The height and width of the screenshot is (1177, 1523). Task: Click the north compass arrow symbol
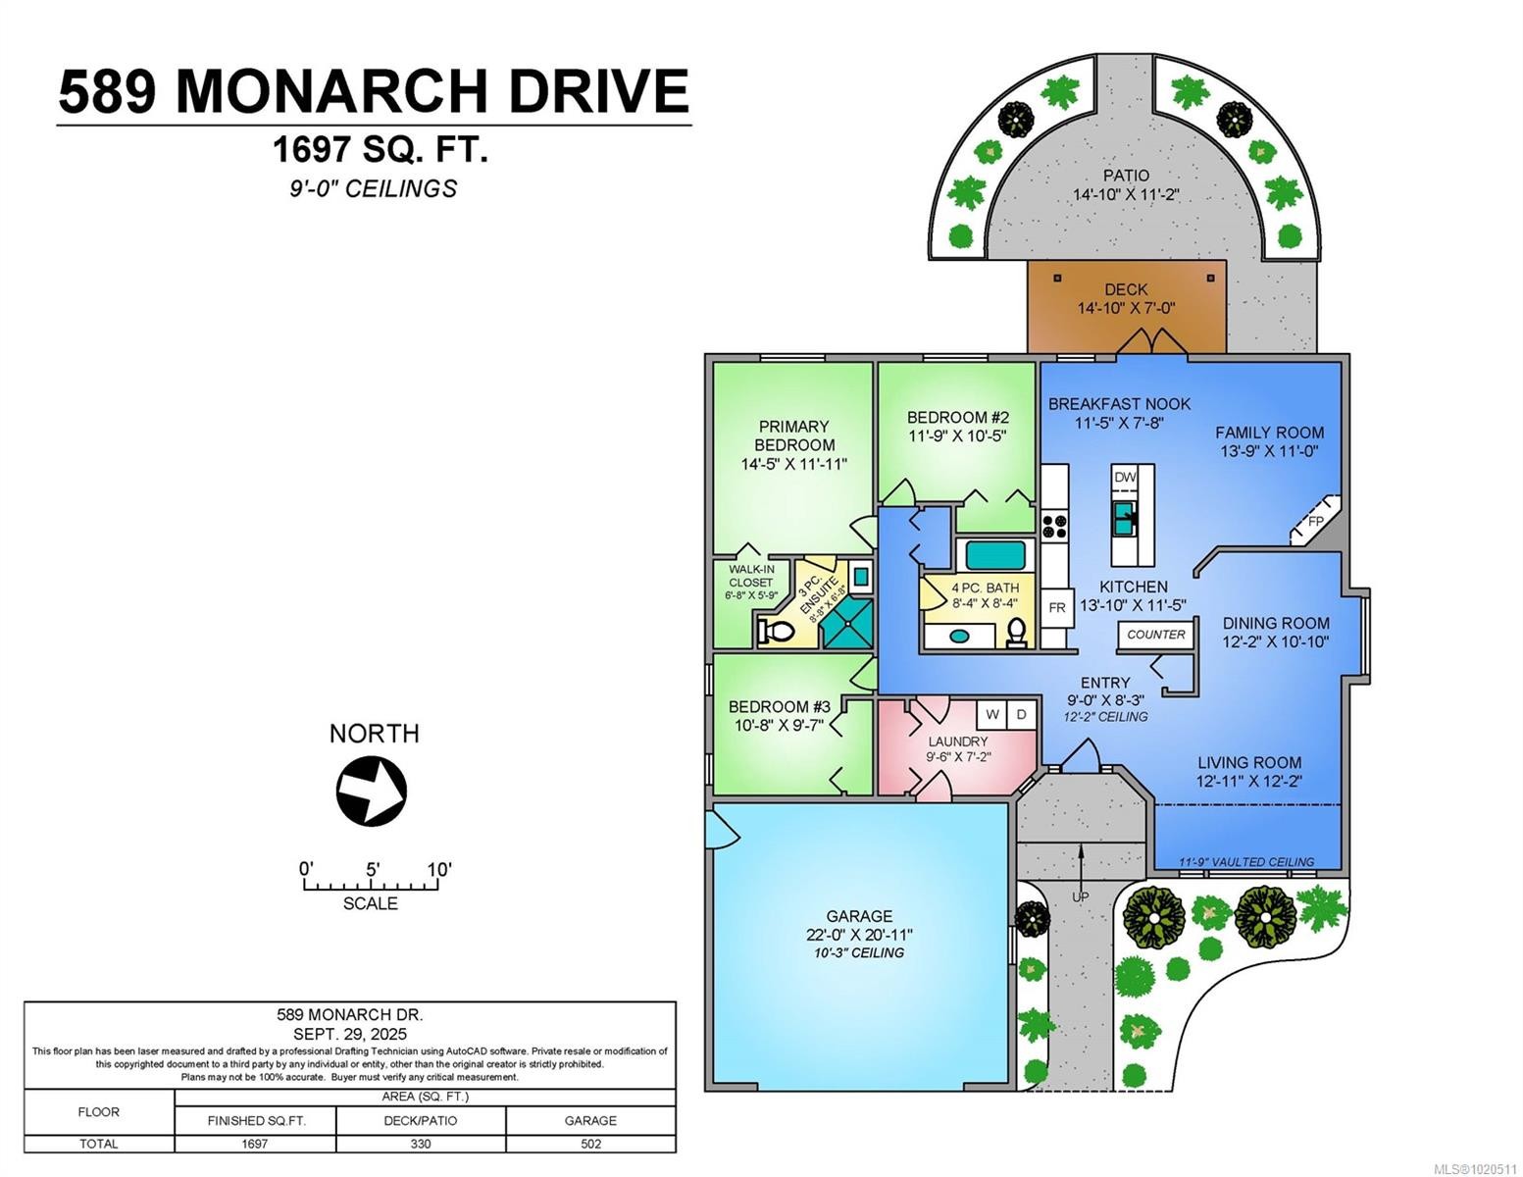click(x=372, y=790)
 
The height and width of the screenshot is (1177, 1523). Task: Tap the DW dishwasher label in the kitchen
click(x=1125, y=477)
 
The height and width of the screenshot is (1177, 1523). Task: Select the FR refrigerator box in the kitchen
click(x=1056, y=608)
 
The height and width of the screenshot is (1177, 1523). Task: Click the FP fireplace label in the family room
click(x=1315, y=521)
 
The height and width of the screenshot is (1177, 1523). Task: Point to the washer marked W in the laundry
click(x=992, y=714)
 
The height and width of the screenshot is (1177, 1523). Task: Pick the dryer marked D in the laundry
click(x=1021, y=714)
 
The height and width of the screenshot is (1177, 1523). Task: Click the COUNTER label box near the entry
click(x=1156, y=635)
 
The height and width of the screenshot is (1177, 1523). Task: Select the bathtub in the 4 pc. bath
click(x=994, y=555)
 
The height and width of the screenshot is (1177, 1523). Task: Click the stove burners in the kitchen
click(x=1054, y=526)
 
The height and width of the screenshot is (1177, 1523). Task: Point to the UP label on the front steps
click(x=1080, y=896)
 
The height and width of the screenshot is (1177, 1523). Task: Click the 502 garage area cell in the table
click(x=590, y=1144)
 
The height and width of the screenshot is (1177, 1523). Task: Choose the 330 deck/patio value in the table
click(x=421, y=1144)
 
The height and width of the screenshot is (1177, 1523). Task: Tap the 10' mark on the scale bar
click(x=438, y=869)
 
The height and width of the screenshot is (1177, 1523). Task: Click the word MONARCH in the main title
click(x=330, y=91)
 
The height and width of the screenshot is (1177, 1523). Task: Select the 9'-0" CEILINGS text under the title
click(x=373, y=188)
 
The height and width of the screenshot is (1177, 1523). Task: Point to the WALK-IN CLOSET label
click(x=751, y=576)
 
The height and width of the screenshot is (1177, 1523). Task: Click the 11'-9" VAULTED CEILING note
click(x=1246, y=862)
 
